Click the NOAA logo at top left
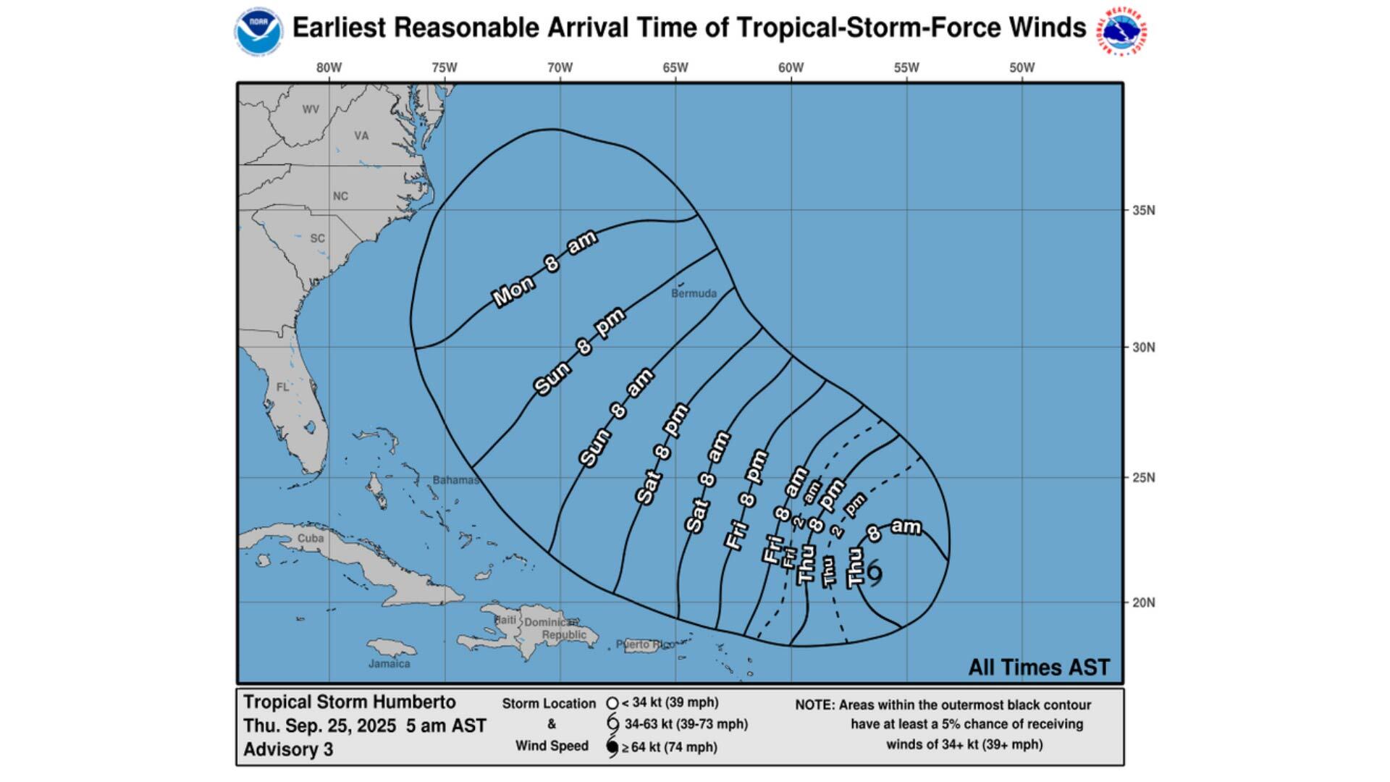click(258, 31)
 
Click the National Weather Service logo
click(1123, 31)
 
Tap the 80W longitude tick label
click(329, 68)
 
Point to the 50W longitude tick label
click(1022, 68)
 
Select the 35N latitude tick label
click(1143, 211)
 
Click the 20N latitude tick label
click(1143, 602)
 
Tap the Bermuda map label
click(694, 293)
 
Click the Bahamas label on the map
click(455, 480)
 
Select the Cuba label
click(311, 539)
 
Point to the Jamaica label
click(389, 663)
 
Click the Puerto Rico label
click(644, 644)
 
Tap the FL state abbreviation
click(282, 387)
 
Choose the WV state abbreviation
click(311, 110)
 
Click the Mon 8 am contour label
click(544, 269)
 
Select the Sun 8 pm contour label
click(579, 352)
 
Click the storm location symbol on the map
click(875, 573)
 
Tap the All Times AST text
click(1038, 668)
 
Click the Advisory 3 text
click(288, 749)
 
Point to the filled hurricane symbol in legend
click(612, 747)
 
